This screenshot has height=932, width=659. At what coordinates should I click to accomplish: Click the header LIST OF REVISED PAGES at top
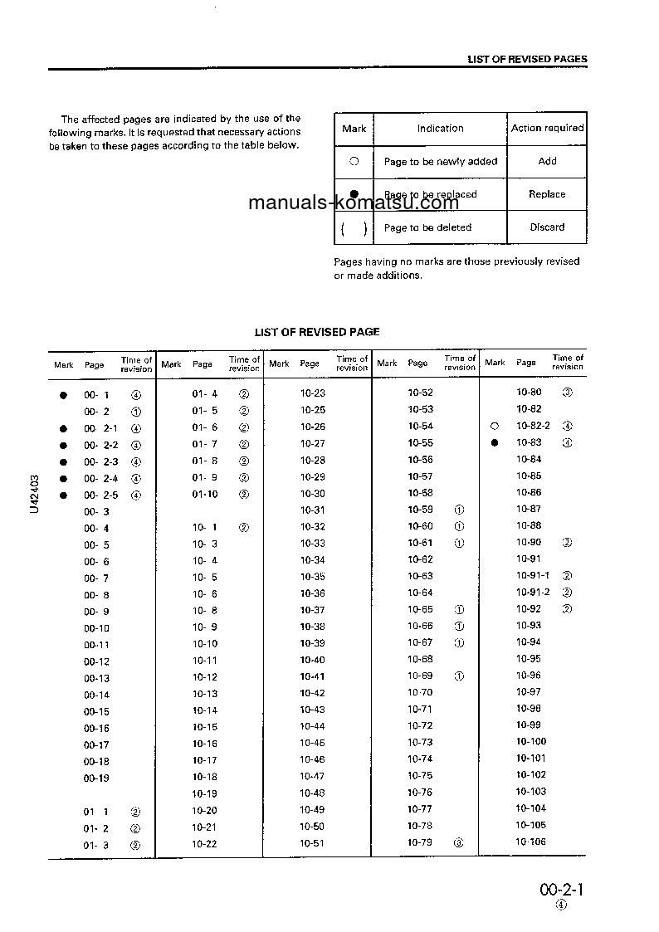(527, 59)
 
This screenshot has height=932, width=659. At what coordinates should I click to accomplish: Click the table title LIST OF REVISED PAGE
(317, 332)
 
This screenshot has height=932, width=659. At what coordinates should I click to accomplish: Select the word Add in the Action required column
(547, 161)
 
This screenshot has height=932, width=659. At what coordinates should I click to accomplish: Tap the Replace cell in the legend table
(547, 194)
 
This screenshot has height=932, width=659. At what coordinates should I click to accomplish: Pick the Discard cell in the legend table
(547, 227)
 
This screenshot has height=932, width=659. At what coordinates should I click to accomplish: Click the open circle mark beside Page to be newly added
(354, 161)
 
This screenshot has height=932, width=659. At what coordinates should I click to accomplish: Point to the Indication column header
(440, 129)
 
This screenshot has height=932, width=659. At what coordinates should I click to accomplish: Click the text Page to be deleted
(427, 227)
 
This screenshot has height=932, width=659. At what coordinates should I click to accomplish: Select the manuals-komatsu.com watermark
(353, 203)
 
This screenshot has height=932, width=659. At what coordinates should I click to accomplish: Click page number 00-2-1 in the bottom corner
(562, 890)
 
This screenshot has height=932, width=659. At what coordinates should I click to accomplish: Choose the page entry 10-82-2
(533, 426)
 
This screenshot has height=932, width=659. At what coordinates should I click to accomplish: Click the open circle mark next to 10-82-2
(495, 426)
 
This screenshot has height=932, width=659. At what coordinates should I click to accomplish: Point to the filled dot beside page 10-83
(495, 442)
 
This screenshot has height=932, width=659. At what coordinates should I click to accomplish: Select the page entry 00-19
(96, 778)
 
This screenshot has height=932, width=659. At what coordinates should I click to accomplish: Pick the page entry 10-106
(531, 842)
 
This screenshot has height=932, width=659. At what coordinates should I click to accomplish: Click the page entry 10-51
(313, 843)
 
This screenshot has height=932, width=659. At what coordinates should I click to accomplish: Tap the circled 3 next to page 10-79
(459, 842)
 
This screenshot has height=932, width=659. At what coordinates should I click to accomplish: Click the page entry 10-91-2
(533, 592)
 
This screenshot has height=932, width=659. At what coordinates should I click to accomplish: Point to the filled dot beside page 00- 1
(62, 395)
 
